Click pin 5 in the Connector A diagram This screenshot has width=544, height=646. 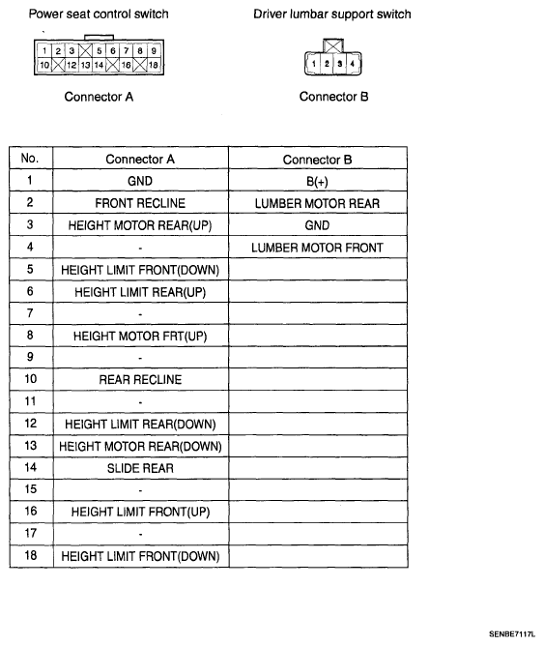pos(100,50)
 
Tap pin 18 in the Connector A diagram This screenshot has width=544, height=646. pos(154,65)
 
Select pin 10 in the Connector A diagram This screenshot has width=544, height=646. pos(44,65)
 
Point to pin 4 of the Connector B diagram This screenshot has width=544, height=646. pos(353,64)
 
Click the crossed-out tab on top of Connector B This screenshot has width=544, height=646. pos(333,45)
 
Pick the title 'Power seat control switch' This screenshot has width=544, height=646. pos(99,14)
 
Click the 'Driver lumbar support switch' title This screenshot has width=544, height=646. pos(332,14)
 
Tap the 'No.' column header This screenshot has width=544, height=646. pos(30,158)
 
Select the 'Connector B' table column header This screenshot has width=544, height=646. pos(317,160)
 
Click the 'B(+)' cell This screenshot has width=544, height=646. pos(317,182)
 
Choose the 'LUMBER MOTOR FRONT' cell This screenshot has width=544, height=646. pos(317,248)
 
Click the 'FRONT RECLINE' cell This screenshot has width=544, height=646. pos(140,203)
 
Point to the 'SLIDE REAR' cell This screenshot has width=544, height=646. pos(140,468)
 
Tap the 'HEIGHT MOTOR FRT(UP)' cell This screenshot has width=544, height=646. pos(140,337)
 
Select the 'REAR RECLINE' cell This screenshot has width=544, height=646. pos(140,379)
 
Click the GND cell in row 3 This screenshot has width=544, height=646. pos(317,225)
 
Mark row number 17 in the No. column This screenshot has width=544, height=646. pos(31,533)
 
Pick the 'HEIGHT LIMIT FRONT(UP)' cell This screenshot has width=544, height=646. pos(140,512)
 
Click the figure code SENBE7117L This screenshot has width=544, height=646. pos(512,634)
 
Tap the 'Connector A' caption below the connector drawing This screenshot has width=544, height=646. pos(99,97)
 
